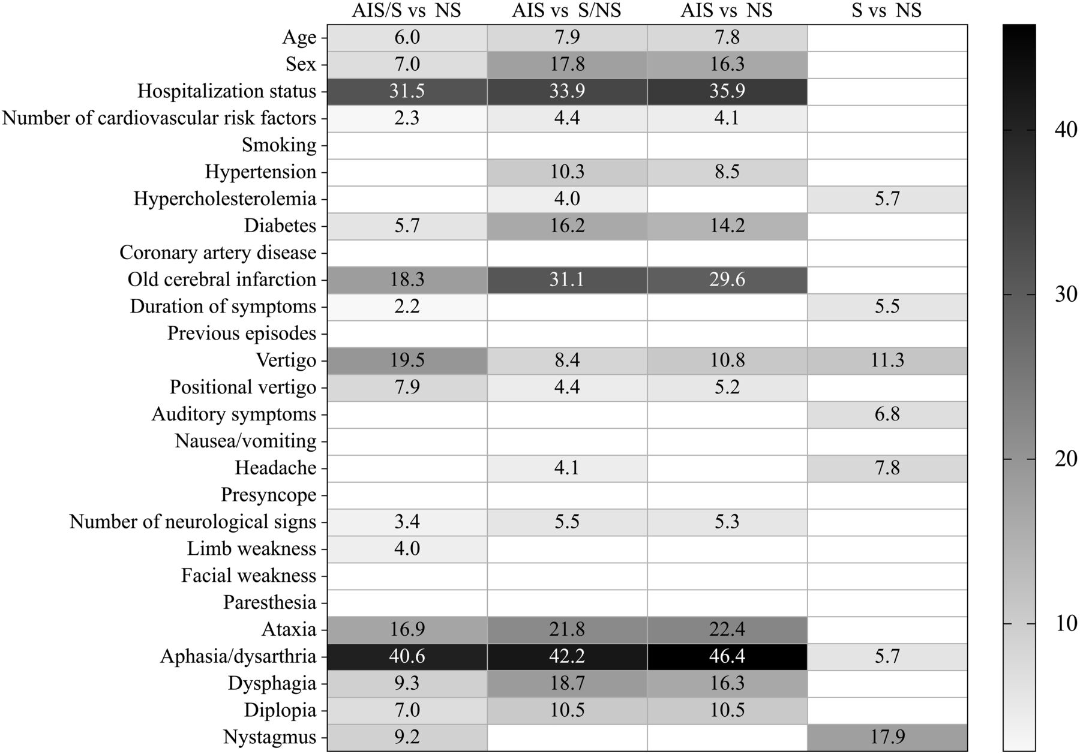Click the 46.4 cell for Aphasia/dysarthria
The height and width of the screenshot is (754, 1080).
727,656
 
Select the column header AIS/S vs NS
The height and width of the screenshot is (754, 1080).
406,10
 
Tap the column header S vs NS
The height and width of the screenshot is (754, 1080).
886,10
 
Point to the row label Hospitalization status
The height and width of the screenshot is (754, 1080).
227,91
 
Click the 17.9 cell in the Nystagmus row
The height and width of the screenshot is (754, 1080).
887,737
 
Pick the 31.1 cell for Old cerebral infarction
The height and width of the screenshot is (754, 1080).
567,280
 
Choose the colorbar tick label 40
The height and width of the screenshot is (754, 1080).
1066,130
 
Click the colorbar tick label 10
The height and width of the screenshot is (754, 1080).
1066,624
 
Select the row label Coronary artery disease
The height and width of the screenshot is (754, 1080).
218,253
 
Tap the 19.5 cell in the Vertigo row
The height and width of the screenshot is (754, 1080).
407,361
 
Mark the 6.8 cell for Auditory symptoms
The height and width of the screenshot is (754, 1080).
887,414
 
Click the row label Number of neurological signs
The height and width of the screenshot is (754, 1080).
193,522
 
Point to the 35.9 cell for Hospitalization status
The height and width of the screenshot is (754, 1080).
727,91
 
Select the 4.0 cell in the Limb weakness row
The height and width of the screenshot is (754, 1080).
407,549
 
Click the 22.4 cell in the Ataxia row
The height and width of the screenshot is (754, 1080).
727,629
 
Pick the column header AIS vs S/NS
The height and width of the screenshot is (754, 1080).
566,10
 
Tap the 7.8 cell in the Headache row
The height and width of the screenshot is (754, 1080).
887,468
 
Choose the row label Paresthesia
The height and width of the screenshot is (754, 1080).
269,602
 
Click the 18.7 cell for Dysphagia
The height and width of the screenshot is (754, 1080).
567,683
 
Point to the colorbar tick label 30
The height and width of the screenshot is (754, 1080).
1066,295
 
